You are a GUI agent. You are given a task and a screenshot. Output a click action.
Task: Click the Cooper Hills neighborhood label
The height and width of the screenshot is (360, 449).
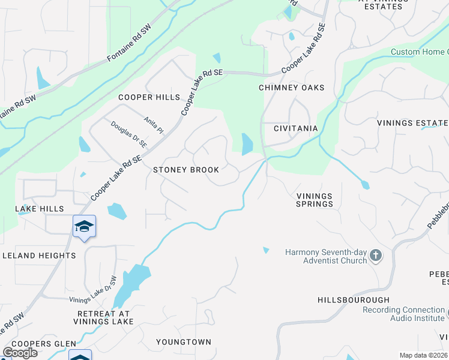pos(149,97)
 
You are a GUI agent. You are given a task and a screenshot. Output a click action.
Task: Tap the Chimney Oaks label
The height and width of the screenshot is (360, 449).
pos(291,88)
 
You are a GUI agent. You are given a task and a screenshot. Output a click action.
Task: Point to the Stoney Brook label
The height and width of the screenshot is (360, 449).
pos(186,170)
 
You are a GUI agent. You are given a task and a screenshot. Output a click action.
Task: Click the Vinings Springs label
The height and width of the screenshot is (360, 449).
pos(315,200)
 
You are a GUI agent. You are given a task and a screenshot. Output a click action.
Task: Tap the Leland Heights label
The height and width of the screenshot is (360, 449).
pos(39,256)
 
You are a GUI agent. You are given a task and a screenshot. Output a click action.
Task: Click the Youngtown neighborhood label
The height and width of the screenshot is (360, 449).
pos(184,342)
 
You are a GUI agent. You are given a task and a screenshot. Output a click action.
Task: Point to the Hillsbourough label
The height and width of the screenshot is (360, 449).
pos(354,299)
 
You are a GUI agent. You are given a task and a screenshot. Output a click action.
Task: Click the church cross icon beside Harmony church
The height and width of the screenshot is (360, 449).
pos(376,256)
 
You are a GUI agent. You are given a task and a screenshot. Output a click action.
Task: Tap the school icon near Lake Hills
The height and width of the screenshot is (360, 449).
pos(84,226)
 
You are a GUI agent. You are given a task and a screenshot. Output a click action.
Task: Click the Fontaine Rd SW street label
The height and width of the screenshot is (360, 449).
pos(129,44)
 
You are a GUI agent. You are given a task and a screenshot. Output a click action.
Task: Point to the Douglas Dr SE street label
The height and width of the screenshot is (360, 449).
pos(129,134)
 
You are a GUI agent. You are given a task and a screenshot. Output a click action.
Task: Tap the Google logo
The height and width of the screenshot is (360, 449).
pos(20,353)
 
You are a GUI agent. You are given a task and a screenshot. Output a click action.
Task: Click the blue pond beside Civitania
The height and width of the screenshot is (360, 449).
pos(247,144)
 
